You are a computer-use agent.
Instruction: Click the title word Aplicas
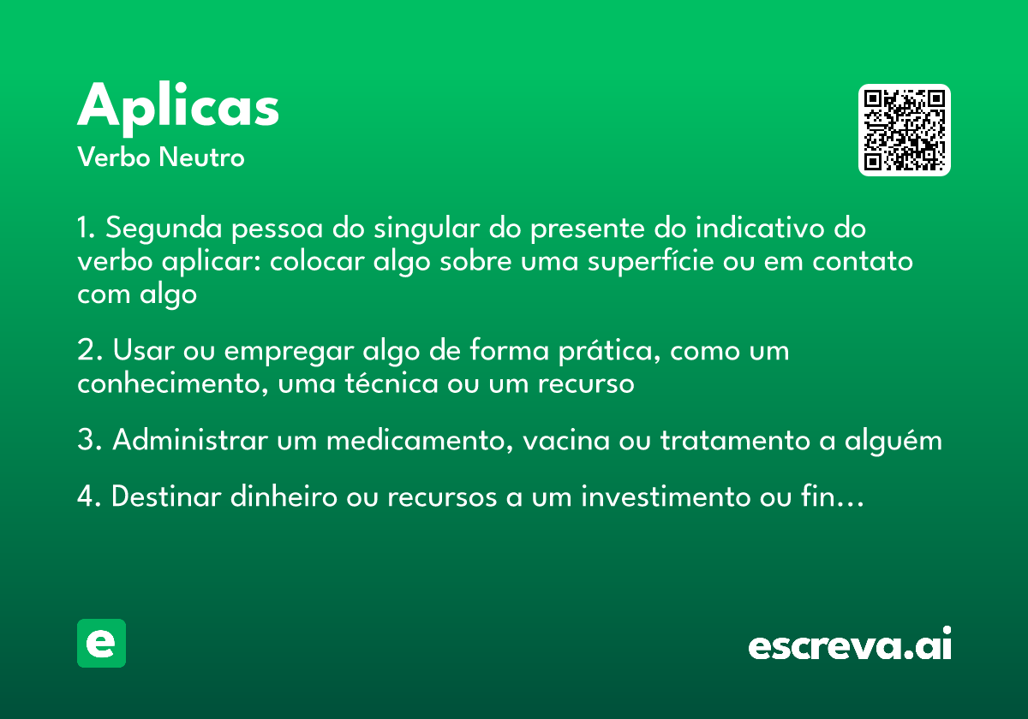(178, 106)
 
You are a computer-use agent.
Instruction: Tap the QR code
(904, 130)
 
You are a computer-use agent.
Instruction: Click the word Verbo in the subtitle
(113, 157)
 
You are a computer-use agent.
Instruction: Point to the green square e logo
(101, 643)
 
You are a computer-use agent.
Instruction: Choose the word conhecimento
(162, 383)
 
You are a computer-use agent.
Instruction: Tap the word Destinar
(166, 496)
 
